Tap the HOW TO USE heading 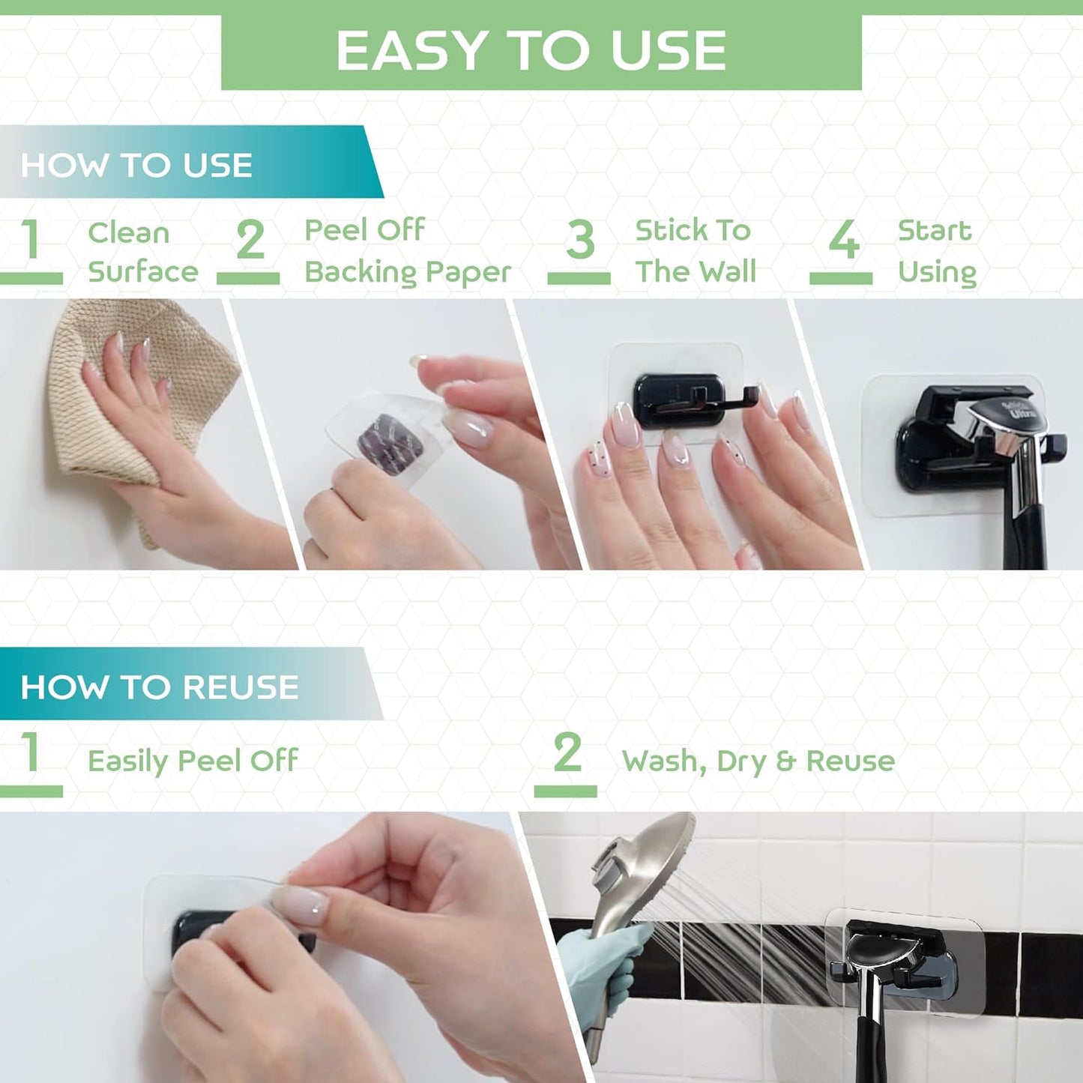pos(136,165)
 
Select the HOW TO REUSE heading pos(159,687)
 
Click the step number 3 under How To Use pos(579,241)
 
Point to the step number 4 pos(843,241)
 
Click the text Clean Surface pos(142,252)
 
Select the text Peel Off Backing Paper pos(407,252)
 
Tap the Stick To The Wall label pos(695,251)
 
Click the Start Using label pos(936,251)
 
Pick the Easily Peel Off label pos(193,761)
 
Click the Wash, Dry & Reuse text pos(758,761)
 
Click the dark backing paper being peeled pos(390,438)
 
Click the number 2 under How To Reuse pos(567,752)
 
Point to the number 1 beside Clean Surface pos(31,239)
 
